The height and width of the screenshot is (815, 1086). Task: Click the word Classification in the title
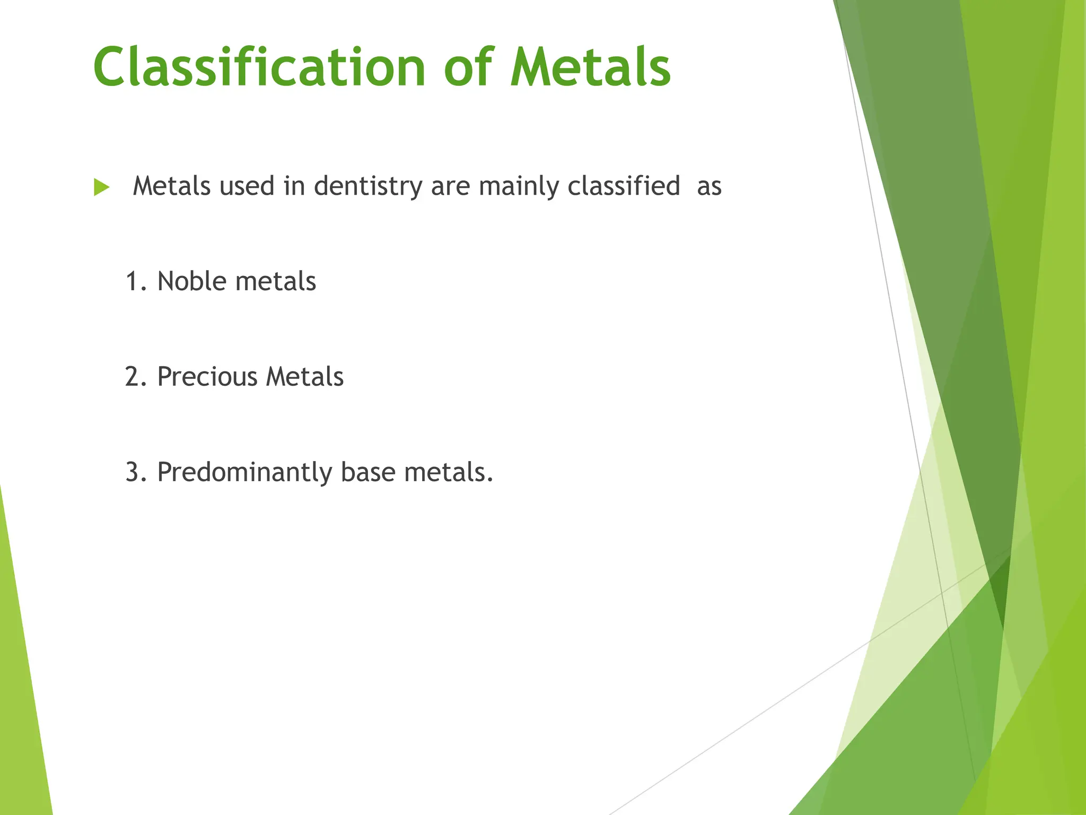pyautogui.click(x=259, y=67)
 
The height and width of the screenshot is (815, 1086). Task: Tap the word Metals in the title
pyautogui.click(x=590, y=67)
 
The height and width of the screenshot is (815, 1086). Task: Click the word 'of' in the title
pyautogui.click(x=469, y=67)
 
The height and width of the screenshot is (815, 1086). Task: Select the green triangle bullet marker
pyautogui.click(x=101, y=187)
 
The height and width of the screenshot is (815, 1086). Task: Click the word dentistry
pyautogui.click(x=367, y=187)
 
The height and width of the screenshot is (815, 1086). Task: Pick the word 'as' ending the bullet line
pyautogui.click(x=709, y=187)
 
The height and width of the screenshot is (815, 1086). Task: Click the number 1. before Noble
pyautogui.click(x=136, y=282)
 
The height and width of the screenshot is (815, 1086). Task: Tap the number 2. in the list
pyautogui.click(x=136, y=377)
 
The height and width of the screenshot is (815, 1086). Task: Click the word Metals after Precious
pyautogui.click(x=304, y=377)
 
